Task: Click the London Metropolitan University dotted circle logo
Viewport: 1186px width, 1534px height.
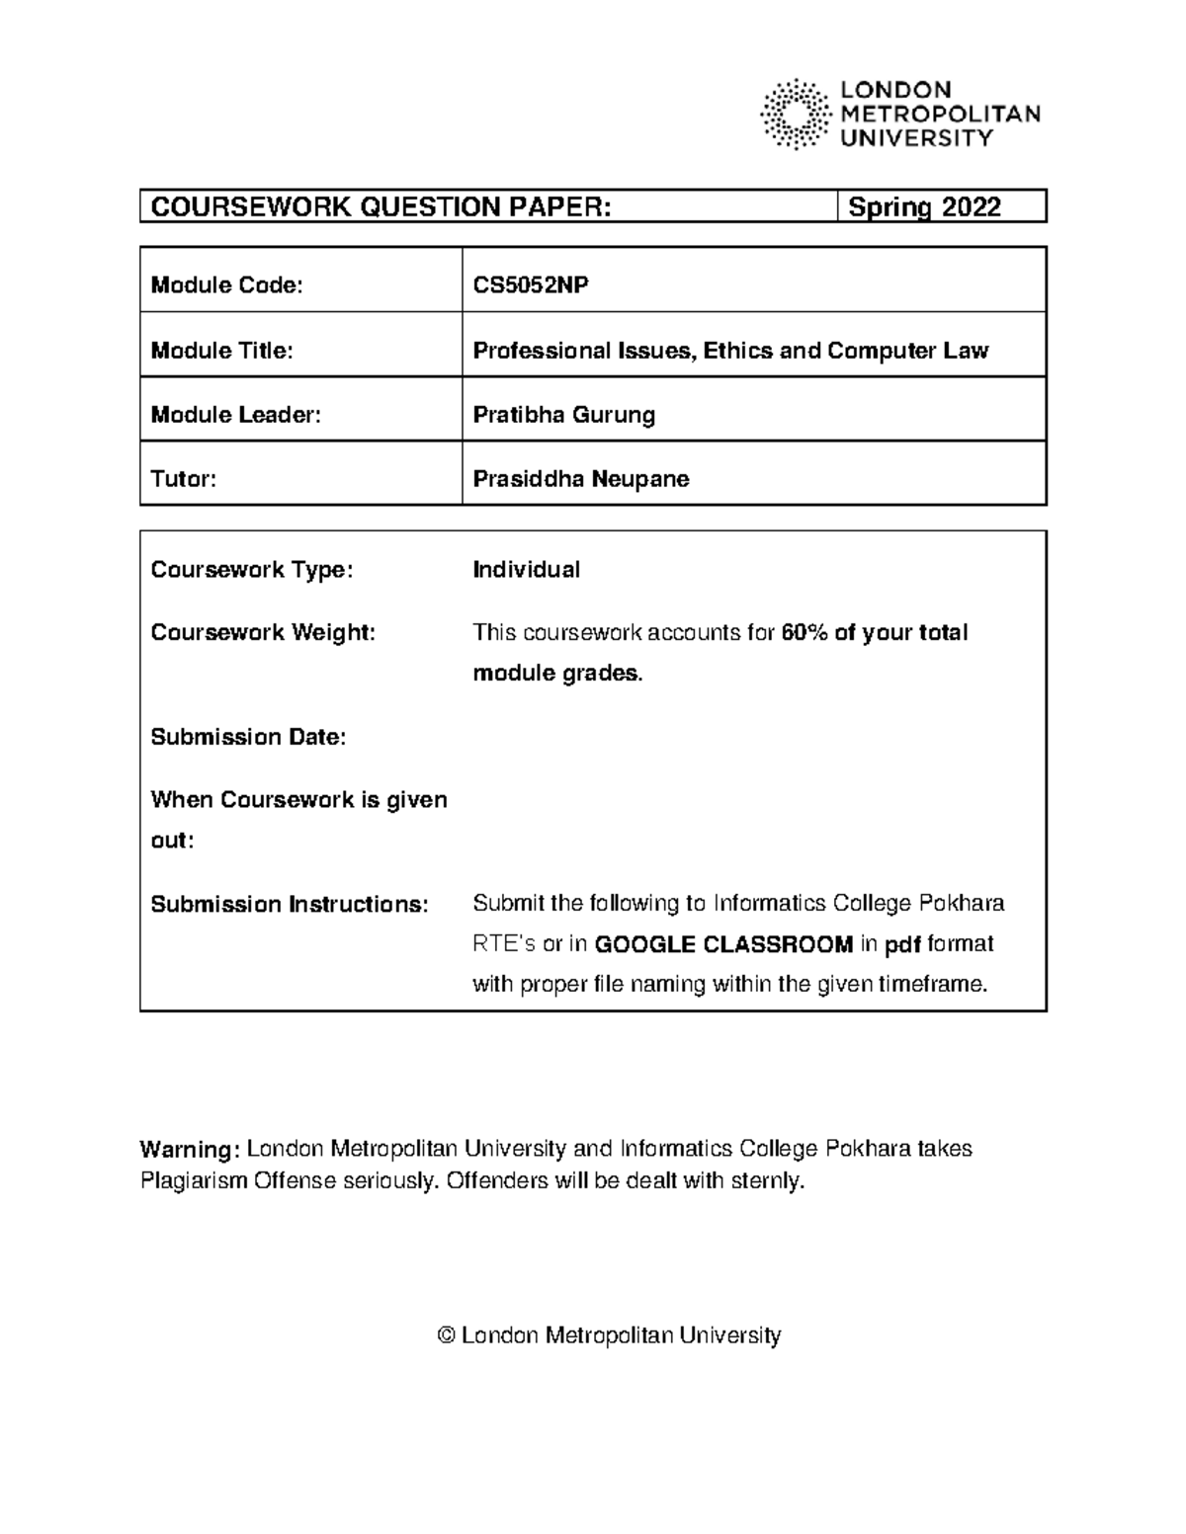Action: pos(795,114)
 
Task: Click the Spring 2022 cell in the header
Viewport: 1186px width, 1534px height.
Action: pos(924,207)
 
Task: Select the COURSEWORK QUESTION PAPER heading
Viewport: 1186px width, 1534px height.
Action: pos(381,207)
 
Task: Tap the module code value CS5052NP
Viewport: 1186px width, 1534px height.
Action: pos(531,285)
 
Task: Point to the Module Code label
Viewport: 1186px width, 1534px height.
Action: pos(226,285)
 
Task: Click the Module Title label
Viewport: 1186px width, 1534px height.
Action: pos(221,351)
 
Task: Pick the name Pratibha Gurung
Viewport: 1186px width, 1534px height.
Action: pos(563,415)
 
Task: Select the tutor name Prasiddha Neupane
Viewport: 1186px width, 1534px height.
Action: pos(580,479)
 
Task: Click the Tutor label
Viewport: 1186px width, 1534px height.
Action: pos(183,479)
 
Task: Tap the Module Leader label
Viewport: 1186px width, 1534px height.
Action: pos(235,415)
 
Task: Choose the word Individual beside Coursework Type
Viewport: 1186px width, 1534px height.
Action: pos(526,570)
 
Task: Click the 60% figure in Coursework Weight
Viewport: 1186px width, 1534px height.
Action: pos(803,632)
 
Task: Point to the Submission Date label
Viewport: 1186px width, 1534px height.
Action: pos(248,737)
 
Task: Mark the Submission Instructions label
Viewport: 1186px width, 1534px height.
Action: pos(289,904)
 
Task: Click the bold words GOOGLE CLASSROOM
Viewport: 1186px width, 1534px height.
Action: pos(723,944)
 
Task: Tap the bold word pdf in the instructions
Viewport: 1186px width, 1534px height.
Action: pos(901,944)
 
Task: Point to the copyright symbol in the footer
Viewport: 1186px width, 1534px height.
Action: pos(446,1336)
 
